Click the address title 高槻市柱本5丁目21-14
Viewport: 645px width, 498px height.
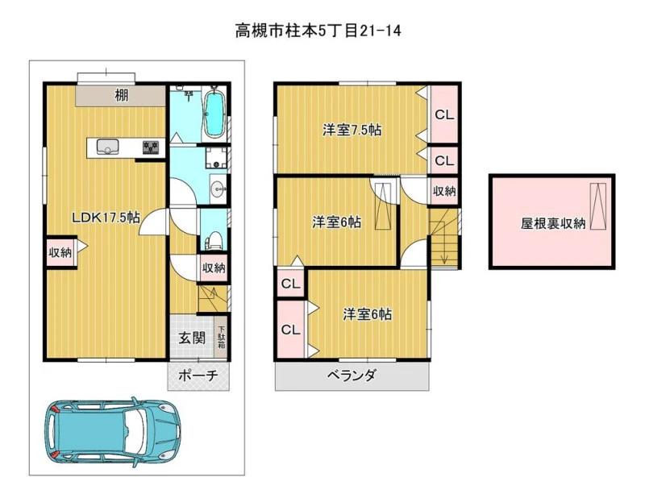point(318,31)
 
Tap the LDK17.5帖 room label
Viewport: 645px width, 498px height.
point(106,217)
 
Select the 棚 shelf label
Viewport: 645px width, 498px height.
point(122,95)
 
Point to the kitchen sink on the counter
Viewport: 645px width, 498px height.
point(108,147)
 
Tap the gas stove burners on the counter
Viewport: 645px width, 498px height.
point(151,147)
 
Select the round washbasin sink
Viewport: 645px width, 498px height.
point(218,189)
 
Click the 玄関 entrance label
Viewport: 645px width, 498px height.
point(192,338)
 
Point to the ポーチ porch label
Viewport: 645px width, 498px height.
point(198,376)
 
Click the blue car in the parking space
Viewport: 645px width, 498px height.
point(112,432)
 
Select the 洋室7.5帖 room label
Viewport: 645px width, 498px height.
point(352,131)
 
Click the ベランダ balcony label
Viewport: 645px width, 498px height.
point(352,375)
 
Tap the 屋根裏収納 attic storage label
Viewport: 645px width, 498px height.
point(553,224)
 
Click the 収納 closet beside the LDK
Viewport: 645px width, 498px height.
point(61,252)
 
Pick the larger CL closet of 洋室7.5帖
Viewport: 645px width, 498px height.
point(444,114)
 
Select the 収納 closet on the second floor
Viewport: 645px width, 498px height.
point(444,191)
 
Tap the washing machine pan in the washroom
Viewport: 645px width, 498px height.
point(216,158)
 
